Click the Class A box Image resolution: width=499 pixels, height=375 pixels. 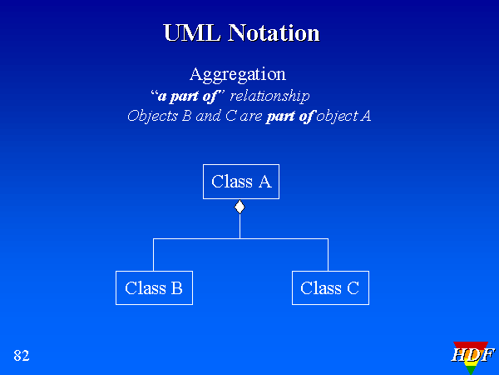(240, 182)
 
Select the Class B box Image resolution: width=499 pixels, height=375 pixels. (154, 288)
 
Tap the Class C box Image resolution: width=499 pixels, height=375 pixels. (330, 288)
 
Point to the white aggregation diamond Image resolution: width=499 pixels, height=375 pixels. (240, 207)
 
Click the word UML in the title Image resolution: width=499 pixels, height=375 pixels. (189, 33)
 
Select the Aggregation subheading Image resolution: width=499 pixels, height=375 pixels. (238, 74)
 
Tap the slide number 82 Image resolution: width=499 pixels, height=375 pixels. (22, 356)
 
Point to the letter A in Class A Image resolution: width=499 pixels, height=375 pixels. (264, 182)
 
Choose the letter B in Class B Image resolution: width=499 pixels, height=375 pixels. (176, 288)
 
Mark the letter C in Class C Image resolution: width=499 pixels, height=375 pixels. (353, 288)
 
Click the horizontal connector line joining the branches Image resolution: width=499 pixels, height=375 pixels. (240, 239)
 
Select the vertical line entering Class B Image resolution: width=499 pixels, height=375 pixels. (153, 255)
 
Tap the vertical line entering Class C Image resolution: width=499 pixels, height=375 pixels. (328, 255)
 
